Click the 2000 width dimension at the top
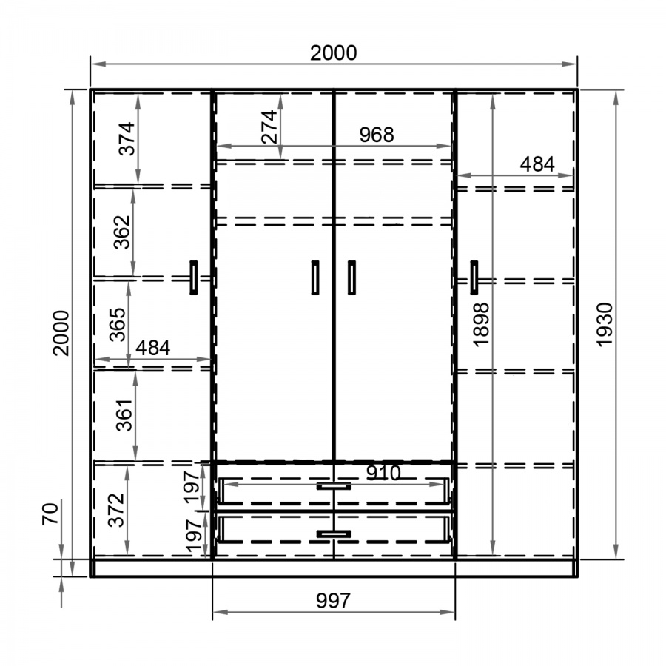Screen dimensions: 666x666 click(334, 53)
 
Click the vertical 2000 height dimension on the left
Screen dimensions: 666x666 click(61, 333)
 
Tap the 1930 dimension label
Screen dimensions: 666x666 click(605, 325)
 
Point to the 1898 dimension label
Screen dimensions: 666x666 click(481, 325)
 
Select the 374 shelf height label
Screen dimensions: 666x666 click(127, 139)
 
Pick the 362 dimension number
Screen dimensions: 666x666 click(122, 232)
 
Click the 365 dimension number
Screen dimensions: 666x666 click(117, 325)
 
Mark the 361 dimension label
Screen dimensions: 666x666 click(124, 415)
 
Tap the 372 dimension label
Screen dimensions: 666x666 click(116, 510)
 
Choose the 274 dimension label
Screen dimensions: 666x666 click(269, 127)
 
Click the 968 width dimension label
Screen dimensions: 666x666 click(377, 135)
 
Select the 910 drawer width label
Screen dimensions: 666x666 click(383, 473)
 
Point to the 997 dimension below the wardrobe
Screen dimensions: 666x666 click(334, 601)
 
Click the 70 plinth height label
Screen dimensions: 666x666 click(50, 514)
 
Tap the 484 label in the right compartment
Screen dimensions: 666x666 click(537, 164)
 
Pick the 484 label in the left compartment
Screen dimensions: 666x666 click(153, 348)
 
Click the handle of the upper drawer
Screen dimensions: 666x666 click(334, 486)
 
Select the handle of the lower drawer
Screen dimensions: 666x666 click(334, 534)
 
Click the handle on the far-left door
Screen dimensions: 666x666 click(194, 277)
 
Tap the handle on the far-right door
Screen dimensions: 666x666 click(474, 277)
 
